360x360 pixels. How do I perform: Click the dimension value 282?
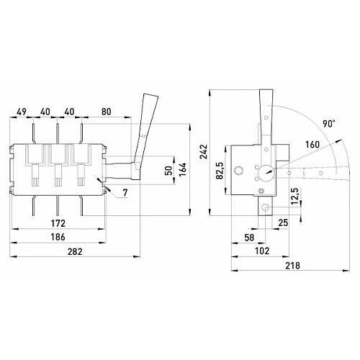click(75, 251)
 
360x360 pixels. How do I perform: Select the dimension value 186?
click(58, 237)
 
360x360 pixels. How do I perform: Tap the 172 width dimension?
click(58, 223)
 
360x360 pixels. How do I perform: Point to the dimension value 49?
click(22, 112)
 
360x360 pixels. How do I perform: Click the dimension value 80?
click(107, 112)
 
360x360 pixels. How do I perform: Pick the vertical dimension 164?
click(183, 169)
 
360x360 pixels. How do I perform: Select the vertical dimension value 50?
click(169, 171)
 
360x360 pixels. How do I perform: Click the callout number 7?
click(125, 192)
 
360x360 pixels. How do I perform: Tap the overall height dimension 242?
click(204, 151)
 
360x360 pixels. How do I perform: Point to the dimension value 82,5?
click(220, 171)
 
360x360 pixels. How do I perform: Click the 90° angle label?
click(328, 124)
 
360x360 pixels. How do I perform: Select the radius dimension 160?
click(312, 145)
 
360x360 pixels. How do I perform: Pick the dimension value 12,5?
click(294, 197)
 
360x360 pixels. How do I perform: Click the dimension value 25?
click(283, 222)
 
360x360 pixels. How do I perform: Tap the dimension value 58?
click(249, 238)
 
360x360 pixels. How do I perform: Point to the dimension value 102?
click(262, 251)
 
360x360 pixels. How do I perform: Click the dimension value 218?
click(293, 266)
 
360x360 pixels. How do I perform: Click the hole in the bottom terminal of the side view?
click(266, 207)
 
